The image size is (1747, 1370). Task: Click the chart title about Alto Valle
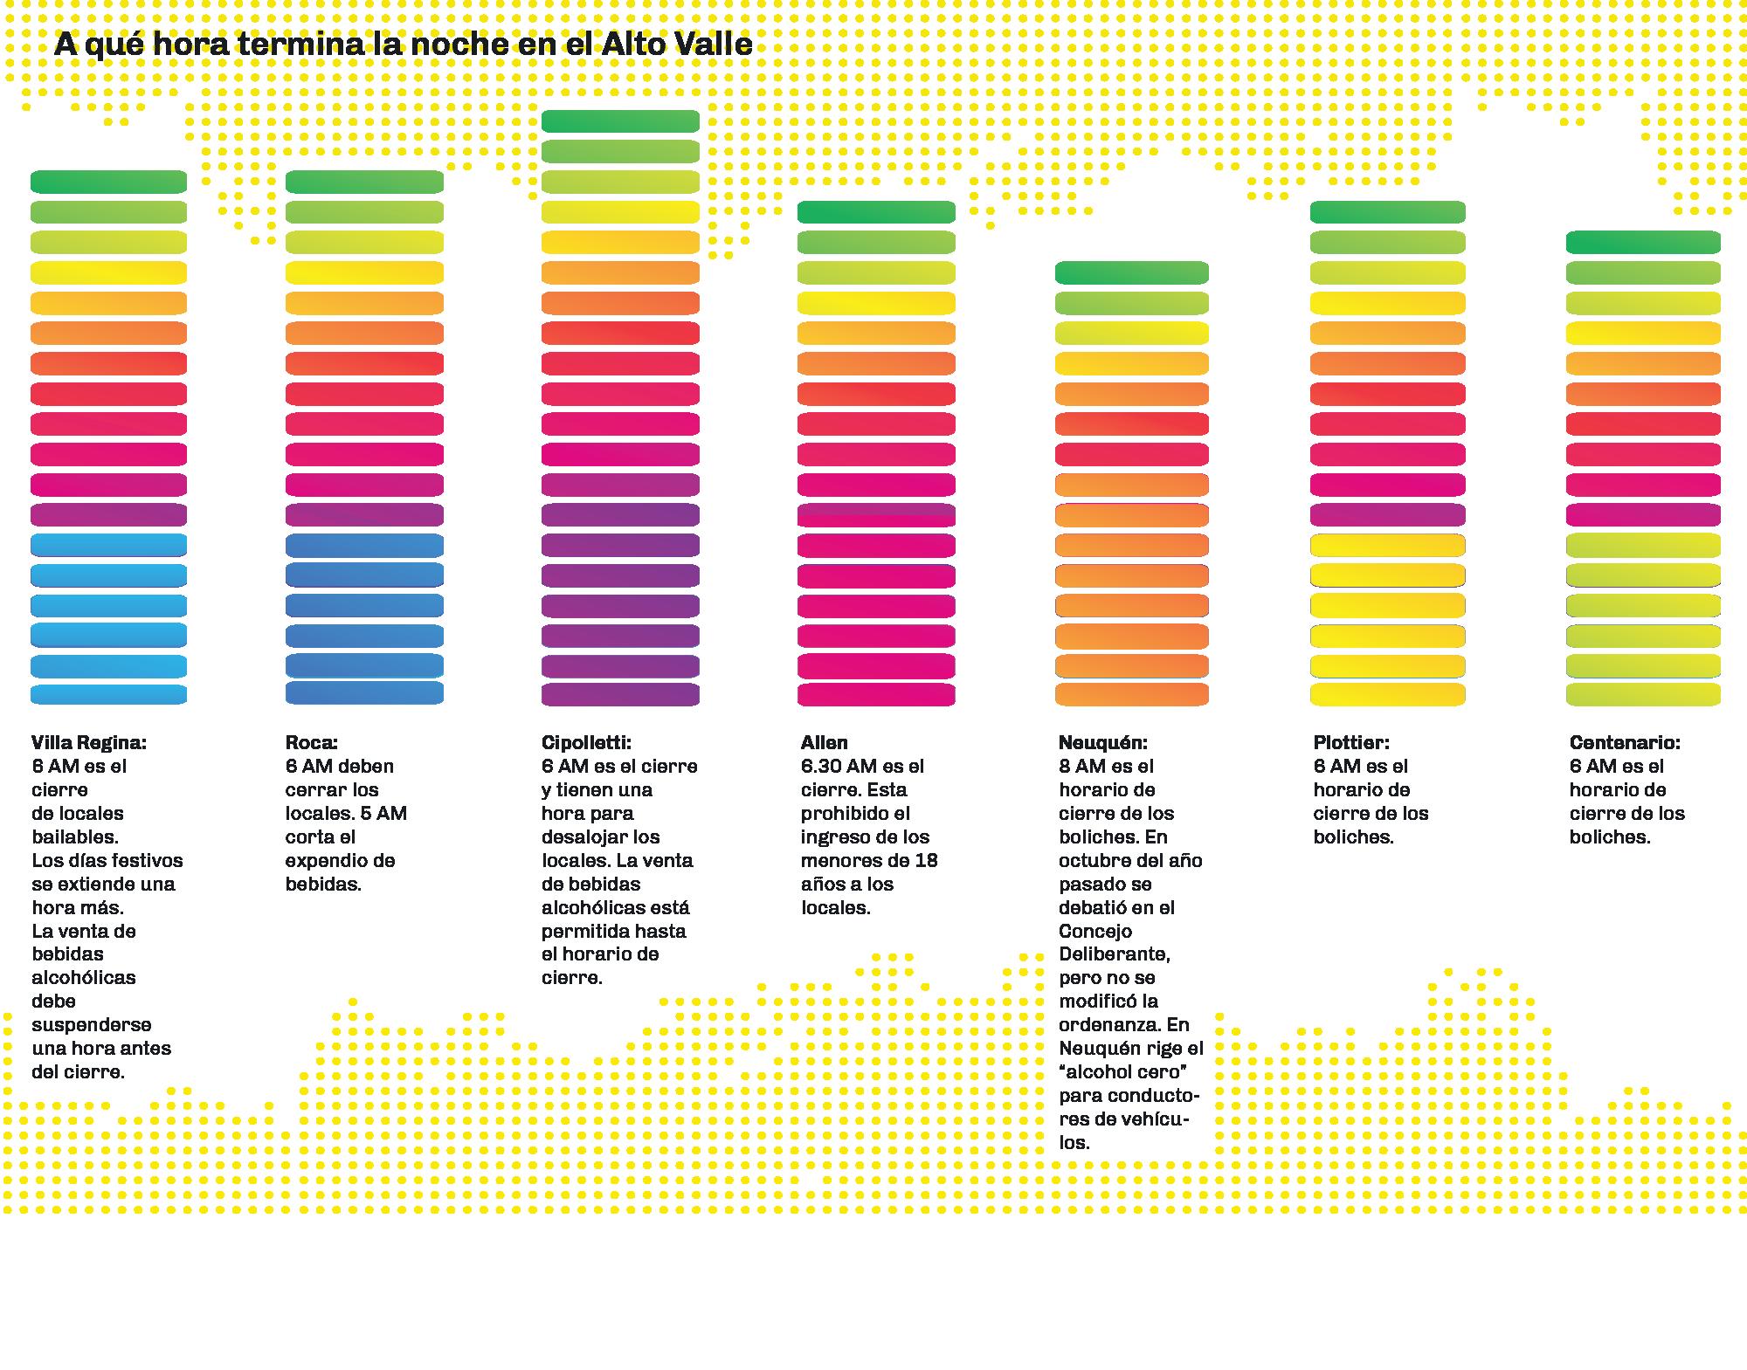403,45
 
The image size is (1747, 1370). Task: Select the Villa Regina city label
89,743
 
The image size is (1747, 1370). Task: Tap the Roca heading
311,743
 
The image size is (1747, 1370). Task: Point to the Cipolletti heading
586,743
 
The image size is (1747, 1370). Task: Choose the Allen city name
825,743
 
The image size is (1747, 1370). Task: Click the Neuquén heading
1103,743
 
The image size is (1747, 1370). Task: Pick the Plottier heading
1351,743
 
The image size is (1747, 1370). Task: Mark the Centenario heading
1625,743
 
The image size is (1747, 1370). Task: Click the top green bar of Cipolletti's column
620,121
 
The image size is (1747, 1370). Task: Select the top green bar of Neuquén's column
1131,272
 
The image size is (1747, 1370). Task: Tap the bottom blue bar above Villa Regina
108,695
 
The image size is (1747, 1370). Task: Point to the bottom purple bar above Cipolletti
620,695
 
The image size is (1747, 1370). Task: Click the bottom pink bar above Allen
876,695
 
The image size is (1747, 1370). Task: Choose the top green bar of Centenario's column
1643,242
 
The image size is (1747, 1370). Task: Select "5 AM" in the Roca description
383,814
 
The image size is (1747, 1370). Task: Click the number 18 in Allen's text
926,861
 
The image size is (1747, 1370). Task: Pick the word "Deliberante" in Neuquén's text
1115,954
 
